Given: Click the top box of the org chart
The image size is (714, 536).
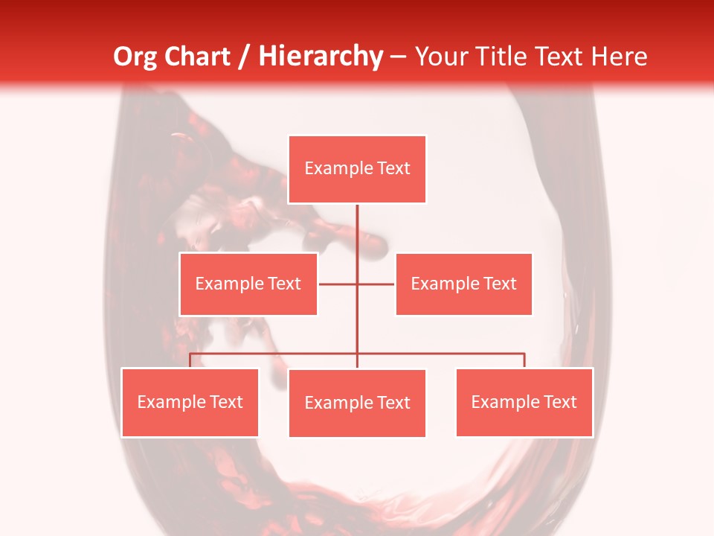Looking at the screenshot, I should coord(357,169).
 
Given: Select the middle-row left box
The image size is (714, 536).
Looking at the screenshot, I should coord(248,284).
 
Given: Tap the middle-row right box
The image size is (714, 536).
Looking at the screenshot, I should coord(463,284).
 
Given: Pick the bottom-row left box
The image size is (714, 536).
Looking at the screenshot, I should coord(190,402).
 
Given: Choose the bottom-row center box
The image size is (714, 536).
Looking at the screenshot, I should coord(357,403).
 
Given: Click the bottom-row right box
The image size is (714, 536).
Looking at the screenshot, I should coord(524,402).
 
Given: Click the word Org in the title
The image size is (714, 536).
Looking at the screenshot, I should coord(135,57).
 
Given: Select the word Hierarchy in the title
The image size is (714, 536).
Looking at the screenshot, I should coord(320,57).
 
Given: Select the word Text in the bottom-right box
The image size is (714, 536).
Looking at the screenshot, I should coord(560,402).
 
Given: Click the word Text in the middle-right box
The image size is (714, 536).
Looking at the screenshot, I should coord(500,284).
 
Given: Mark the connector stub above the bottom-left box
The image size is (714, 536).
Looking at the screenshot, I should coord(190,360).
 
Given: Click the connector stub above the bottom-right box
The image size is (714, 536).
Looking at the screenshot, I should coord(524,360).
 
